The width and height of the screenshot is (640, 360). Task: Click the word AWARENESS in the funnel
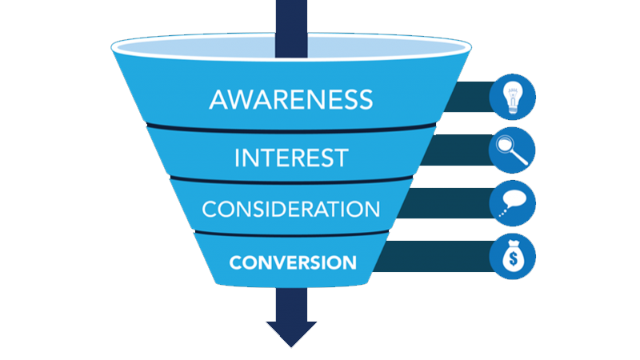[290, 99]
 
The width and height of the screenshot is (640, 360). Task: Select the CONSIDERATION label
[290, 209]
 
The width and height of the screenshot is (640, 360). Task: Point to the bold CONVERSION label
[290, 262]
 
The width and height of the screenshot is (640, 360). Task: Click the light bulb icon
[513, 96]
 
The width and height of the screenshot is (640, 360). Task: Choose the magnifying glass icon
[513, 150]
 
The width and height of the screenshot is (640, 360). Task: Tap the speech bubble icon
[513, 202]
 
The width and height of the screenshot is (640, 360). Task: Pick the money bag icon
[513, 256]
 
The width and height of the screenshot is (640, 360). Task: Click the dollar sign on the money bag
[513, 259]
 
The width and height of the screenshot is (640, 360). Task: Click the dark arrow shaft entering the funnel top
[291, 16]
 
